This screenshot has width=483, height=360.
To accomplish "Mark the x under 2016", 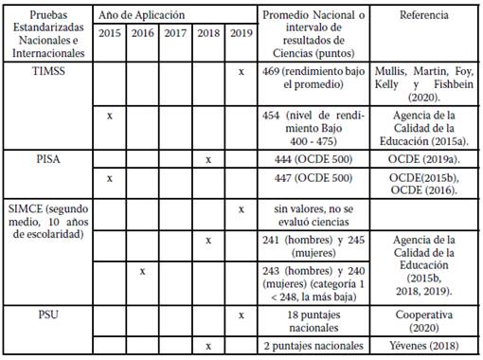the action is click(142, 271).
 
